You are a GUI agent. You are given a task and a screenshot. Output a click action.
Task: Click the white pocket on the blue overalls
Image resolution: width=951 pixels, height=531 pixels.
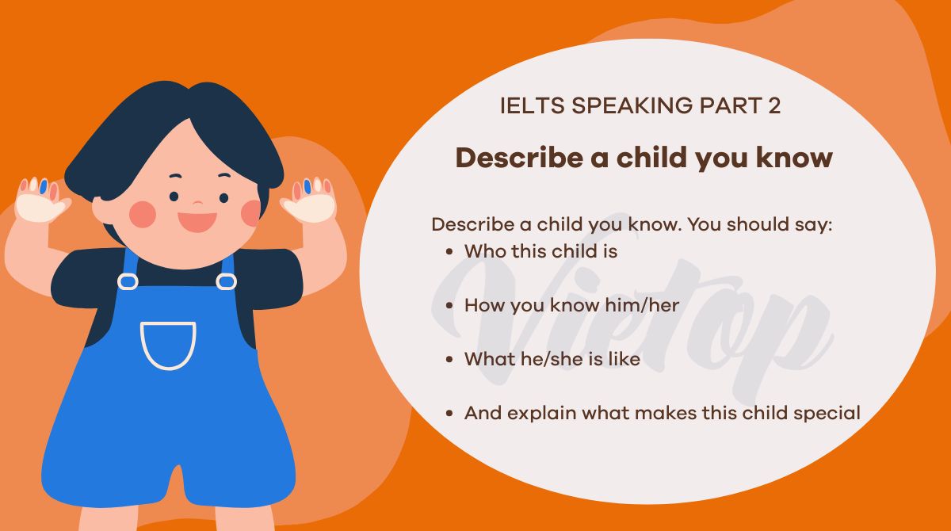pyautogui.click(x=168, y=344)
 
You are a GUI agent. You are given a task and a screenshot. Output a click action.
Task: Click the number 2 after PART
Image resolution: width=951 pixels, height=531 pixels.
pyautogui.click(x=774, y=106)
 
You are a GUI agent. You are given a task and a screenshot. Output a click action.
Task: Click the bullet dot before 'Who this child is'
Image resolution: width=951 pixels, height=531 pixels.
pyautogui.click(x=449, y=252)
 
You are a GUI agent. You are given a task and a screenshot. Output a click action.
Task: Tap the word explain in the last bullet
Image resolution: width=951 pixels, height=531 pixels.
pyautogui.click(x=539, y=413)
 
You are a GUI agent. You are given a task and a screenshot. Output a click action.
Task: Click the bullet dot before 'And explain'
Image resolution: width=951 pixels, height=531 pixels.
pyautogui.click(x=449, y=413)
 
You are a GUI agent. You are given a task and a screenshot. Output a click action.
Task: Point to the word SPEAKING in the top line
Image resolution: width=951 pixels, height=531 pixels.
pyautogui.click(x=620, y=106)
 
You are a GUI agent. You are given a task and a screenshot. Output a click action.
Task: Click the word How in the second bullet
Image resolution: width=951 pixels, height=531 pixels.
pyautogui.click(x=482, y=305)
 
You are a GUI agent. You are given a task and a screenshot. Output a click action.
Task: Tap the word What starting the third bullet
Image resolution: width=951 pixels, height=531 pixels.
pyautogui.click(x=487, y=359)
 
